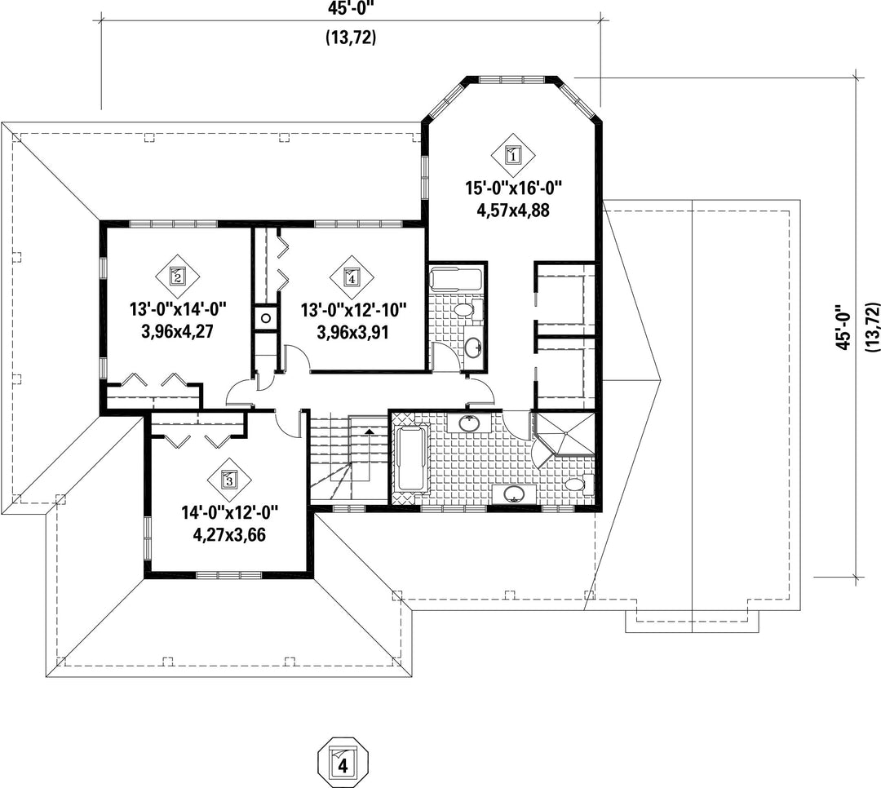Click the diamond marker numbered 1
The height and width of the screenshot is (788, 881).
513,153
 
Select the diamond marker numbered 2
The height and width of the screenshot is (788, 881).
178,276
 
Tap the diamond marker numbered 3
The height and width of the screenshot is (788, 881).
228,480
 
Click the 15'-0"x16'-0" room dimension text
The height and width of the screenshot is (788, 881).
514,188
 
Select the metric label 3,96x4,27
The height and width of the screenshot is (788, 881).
178,332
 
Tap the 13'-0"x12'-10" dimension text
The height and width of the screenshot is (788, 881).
353,310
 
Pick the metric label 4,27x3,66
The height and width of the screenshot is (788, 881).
229,534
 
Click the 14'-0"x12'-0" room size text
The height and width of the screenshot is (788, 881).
229,512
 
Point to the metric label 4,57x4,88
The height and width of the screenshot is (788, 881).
513,210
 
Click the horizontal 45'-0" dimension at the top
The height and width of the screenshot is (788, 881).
351,8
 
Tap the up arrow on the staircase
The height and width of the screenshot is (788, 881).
370,431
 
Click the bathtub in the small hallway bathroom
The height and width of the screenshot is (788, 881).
456,280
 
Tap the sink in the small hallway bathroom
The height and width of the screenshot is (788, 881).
473,346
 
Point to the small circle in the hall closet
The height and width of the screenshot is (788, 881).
266,318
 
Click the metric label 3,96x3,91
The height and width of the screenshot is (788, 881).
353,332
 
